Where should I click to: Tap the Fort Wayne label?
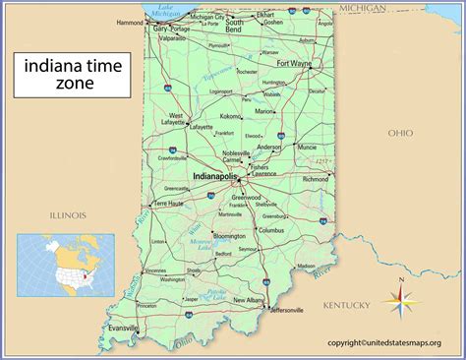[294, 64]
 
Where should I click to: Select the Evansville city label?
[124, 328]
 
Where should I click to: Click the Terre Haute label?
[169, 203]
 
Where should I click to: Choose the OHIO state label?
[399, 132]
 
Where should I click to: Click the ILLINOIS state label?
[61, 214]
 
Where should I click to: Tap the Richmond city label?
[316, 180]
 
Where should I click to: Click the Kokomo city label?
[230, 116]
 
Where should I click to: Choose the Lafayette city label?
[201, 127]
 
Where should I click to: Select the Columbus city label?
[270, 230]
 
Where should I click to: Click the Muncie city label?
[305, 147]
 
